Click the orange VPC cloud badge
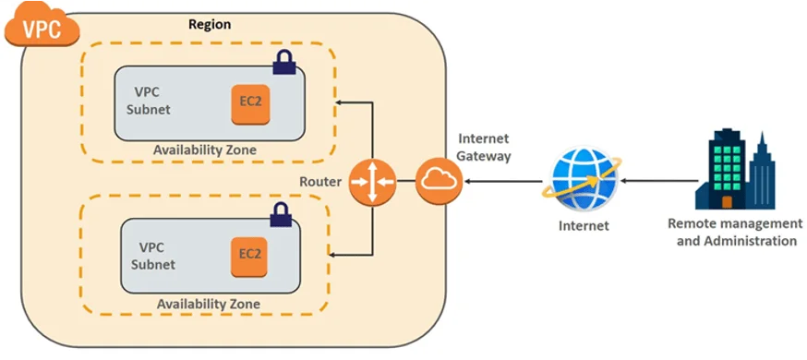click(x=41, y=27)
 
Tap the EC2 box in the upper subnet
click(x=248, y=102)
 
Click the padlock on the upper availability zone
click(x=284, y=64)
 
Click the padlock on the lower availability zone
click(x=280, y=215)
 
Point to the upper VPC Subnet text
click(x=153, y=101)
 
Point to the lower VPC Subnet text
click(x=157, y=255)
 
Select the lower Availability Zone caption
click(x=207, y=304)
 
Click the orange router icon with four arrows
click(x=372, y=182)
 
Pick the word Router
click(x=320, y=182)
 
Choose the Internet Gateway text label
click(x=483, y=148)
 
